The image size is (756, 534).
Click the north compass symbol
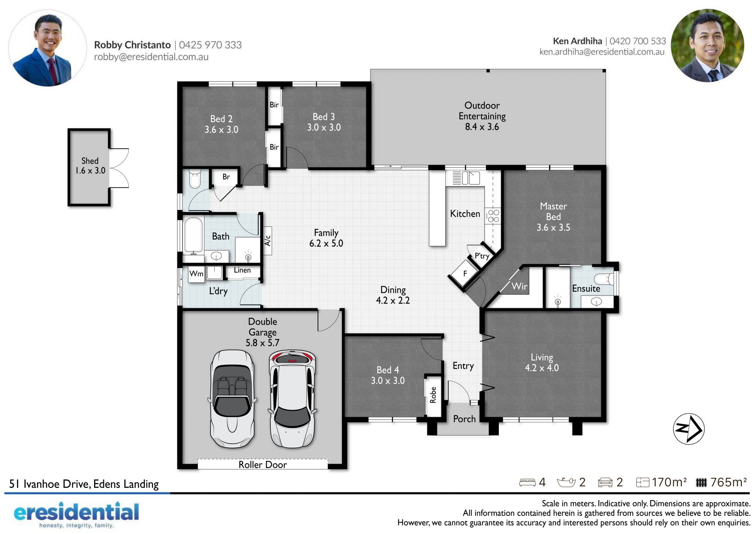point(689,429)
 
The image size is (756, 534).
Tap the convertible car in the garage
point(232,399)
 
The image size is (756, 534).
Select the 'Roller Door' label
point(263,465)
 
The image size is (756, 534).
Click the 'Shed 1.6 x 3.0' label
point(90,166)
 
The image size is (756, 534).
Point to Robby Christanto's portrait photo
point(47,48)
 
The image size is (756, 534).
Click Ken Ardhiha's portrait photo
point(708,46)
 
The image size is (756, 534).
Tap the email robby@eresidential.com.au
point(151,57)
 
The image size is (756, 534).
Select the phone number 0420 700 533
point(638,41)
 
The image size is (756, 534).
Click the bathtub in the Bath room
point(193,235)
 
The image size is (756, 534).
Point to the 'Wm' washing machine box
point(196,273)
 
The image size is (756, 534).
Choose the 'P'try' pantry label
point(482,256)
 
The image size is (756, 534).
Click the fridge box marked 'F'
point(465,273)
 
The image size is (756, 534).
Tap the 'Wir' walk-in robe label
point(519,286)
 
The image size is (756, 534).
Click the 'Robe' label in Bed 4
point(433,395)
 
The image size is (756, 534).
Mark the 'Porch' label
point(464,419)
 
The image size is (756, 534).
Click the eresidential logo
point(76,514)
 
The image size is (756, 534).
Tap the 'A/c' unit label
point(268,240)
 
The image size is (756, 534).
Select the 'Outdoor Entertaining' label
point(482,111)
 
